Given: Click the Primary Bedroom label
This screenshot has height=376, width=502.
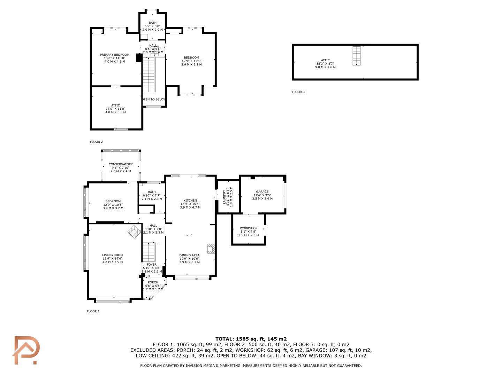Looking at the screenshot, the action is coord(115,55).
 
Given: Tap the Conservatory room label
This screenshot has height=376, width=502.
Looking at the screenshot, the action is coord(121,164).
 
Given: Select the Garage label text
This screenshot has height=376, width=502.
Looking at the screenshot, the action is coord(262,192).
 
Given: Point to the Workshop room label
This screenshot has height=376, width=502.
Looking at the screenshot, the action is coord(249,228).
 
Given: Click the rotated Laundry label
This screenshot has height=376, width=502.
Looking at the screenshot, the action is coord(224,197).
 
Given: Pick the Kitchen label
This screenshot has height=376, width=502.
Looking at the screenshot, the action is coord(190,201).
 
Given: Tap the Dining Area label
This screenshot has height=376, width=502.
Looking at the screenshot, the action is coord(189,255).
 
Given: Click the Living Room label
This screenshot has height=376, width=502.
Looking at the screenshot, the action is coord(113,255).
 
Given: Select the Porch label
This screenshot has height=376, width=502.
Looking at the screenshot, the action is coord(153,282).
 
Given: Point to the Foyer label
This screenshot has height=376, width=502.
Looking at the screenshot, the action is coord(152,265).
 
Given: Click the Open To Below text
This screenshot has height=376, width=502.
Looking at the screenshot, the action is coord(154,99).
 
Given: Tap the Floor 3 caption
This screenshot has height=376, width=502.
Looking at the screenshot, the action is coord(298,92).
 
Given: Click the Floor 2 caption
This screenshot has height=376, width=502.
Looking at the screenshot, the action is coord(96,142).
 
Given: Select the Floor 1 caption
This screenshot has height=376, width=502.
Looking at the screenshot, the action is coord(93,311).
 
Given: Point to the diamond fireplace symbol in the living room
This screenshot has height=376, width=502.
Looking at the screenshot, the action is coord(135,232).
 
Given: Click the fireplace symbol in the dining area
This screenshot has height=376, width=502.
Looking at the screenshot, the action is coord(211,249).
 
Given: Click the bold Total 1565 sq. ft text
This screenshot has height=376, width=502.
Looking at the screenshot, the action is coord(251,339).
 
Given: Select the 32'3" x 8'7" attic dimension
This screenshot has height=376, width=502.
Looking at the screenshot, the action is coord(326,64).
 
